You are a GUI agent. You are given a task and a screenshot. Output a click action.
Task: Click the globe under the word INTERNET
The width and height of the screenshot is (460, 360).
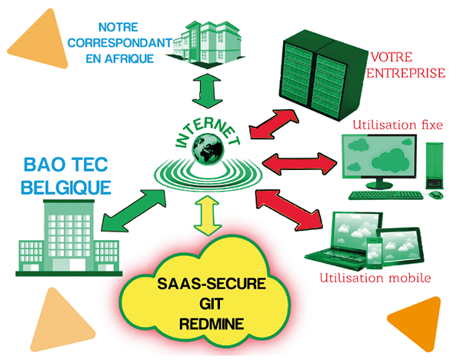(x=208, y=148)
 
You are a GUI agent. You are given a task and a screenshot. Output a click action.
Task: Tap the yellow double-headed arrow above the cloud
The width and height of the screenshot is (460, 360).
(x=207, y=215)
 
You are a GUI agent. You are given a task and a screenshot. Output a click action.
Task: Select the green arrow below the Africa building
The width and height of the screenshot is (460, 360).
(x=207, y=91)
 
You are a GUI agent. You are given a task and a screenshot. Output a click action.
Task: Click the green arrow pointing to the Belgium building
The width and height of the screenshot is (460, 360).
(x=134, y=210)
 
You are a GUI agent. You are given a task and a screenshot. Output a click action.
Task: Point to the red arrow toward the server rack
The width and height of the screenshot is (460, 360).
(x=274, y=124)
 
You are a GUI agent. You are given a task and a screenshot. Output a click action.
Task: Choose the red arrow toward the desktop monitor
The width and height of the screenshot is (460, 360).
(x=299, y=164)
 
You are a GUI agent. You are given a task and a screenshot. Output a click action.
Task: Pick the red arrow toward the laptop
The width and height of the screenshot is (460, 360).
(x=288, y=210)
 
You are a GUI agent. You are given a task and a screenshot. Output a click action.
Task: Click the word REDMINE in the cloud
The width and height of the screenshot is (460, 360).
(x=212, y=324)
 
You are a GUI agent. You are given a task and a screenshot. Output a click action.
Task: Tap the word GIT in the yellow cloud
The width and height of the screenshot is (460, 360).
(x=212, y=304)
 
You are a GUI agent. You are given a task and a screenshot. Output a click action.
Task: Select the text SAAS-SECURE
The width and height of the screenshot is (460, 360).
(x=212, y=284)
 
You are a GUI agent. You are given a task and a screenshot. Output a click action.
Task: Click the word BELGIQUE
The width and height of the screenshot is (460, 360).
(x=66, y=188)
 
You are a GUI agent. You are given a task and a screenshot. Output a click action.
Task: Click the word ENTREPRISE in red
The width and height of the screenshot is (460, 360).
(x=405, y=73)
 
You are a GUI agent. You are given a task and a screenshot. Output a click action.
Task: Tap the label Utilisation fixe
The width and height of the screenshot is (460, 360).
(x=398, y=125)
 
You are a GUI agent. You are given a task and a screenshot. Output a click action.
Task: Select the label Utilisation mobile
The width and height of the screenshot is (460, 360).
(x=375, y=278)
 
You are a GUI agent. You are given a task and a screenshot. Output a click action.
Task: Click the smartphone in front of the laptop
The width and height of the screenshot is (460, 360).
(x=375, y=253)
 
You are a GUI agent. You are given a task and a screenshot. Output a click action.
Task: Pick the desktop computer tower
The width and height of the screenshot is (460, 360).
(x=435, y=166)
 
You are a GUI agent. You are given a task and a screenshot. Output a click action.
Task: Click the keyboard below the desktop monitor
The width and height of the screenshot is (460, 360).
(x=386, y=195)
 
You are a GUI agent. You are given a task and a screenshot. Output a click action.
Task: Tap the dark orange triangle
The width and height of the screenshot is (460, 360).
(x=417, y=323)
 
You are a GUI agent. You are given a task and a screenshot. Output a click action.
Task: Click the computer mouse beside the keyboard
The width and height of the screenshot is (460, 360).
(x=436, y=195)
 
